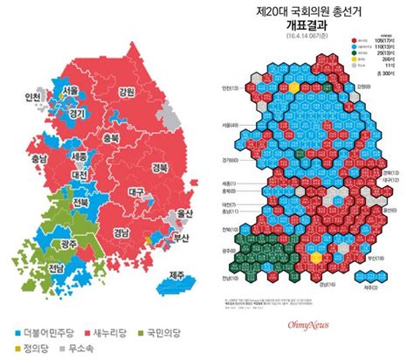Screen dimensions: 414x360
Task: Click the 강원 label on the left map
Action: tap(126, 91)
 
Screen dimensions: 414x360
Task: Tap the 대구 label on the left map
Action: tap(136, 191)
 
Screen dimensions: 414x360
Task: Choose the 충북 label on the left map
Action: tap(111, 138)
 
